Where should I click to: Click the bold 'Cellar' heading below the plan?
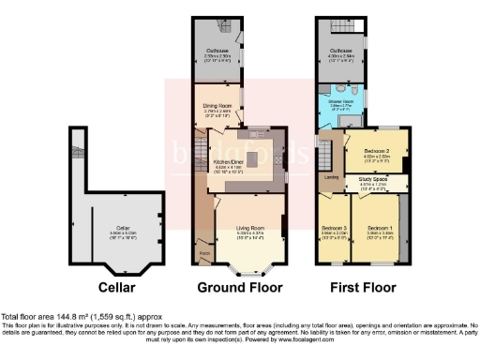point(118,288)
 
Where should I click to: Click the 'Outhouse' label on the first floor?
point(340,50)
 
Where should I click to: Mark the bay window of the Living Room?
point(246,271)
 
